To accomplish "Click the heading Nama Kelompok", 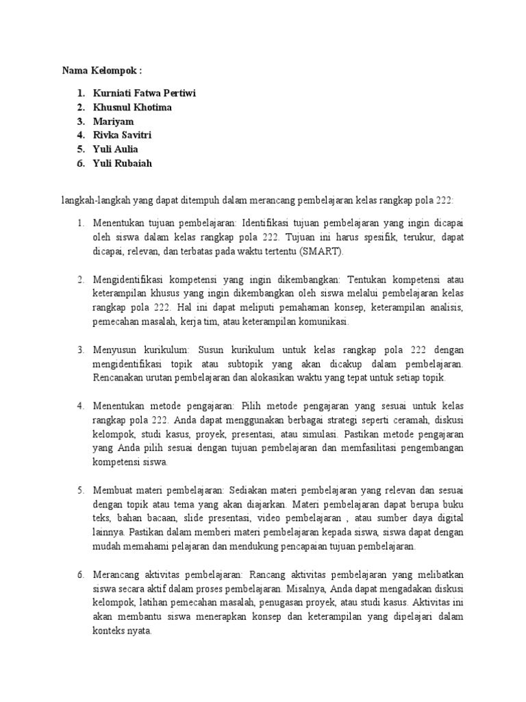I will point(102,71).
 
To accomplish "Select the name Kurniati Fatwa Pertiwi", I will point(144,93).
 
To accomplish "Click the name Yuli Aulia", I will point(116,149).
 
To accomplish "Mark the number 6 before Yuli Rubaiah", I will point(79,163).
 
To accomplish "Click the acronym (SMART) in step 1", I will point(322,252).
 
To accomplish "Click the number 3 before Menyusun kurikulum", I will point(79,350).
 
